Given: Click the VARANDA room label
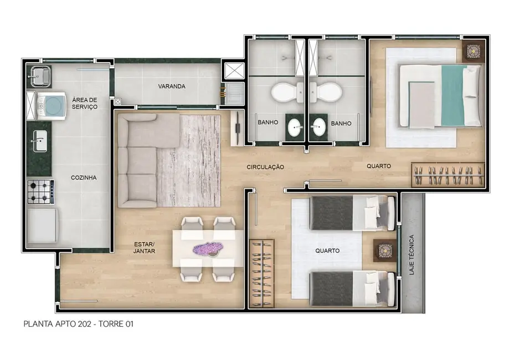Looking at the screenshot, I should coord(171,86).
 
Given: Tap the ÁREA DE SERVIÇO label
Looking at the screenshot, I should coord(85,103).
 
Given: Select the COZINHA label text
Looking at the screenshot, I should coord(84,178).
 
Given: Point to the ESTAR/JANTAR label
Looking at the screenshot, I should coord(145,247).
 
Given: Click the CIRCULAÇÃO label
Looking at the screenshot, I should coord(265,167).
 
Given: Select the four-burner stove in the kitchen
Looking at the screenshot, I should coord(40,192).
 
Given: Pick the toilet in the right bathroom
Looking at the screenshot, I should coord(323,92).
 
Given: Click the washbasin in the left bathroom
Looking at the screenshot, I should coord(295,126).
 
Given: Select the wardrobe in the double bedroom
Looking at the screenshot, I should coord(448,175).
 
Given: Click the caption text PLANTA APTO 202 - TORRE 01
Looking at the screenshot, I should coord(78,323).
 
